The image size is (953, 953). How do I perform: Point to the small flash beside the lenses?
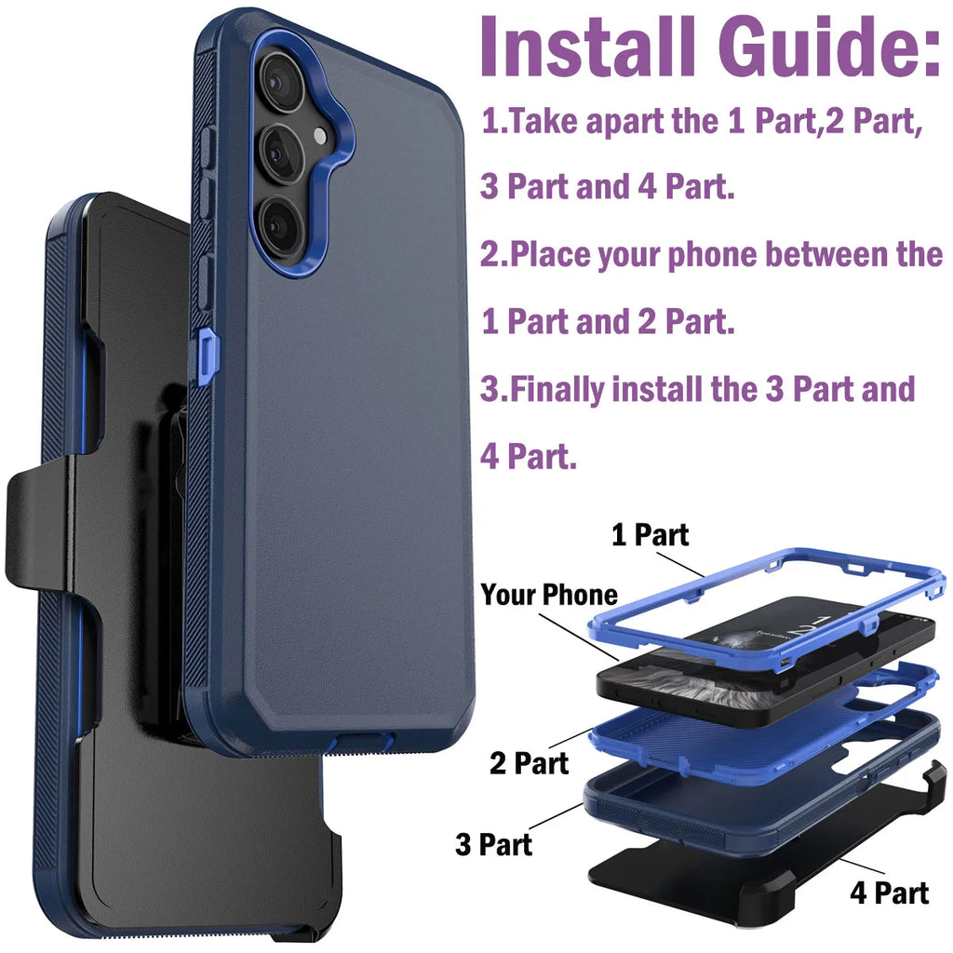pyautogui.click(x=321, y=136)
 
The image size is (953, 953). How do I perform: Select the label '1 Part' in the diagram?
pyautogui.click(x=650, y=535)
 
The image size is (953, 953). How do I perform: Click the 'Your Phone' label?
pyautogui.click(x=549, y=596)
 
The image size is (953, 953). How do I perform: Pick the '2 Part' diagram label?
pyautogui.click(x=529, y=764)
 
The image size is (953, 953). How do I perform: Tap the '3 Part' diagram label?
pyautogui.click(x=494, y=844)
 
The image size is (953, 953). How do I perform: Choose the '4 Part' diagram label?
pyautogui.click(x=889, y=893)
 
